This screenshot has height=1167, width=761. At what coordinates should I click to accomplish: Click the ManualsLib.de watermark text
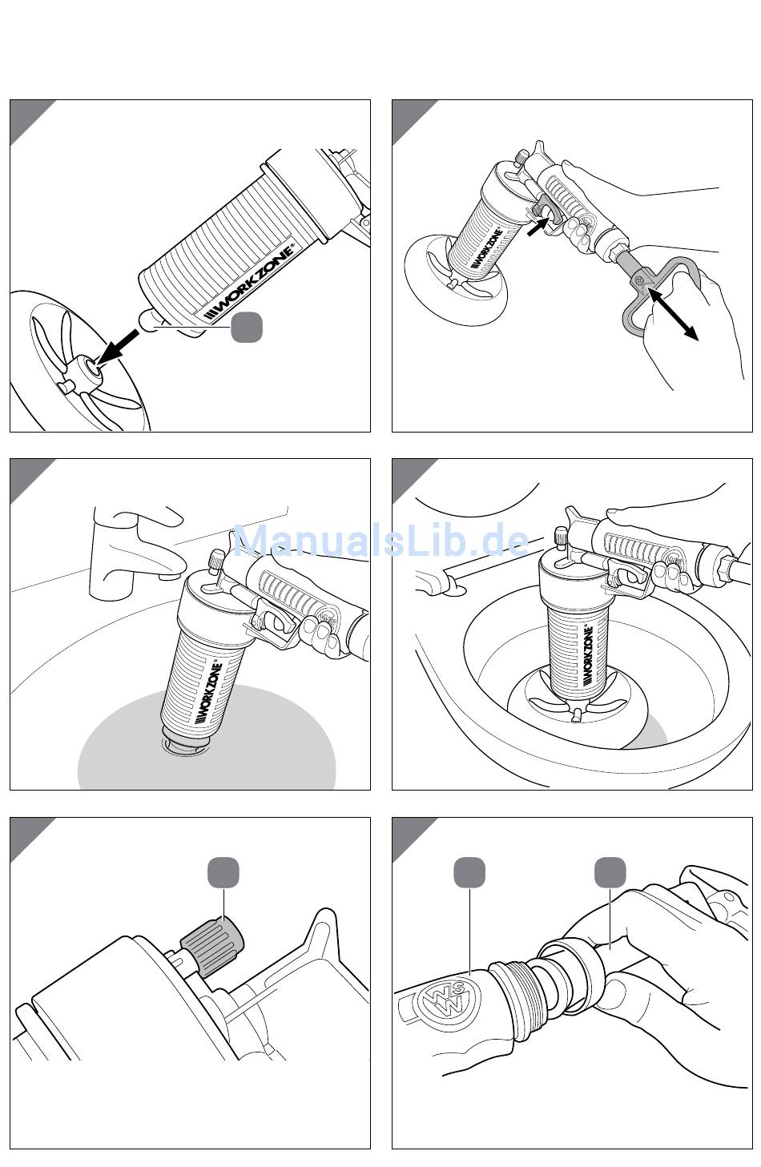coord(380,541)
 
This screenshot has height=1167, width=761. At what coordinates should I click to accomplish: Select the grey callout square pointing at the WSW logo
coord(469,872)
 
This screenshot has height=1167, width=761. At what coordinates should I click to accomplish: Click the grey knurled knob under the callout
coord(212,948)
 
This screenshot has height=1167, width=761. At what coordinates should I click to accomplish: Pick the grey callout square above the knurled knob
coord(223,872)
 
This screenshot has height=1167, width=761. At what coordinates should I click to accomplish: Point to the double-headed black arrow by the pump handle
coord(672,315)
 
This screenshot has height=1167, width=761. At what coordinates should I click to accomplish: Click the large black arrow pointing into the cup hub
coord(118,347)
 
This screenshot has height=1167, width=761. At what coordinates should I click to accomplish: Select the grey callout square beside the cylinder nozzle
coord(247,327)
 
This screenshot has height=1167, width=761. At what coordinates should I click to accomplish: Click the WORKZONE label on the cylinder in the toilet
coord(587,656)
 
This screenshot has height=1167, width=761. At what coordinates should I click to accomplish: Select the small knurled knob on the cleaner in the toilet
coord(561,536)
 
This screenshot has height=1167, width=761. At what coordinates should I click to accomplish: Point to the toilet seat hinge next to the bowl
coord(438,581)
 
